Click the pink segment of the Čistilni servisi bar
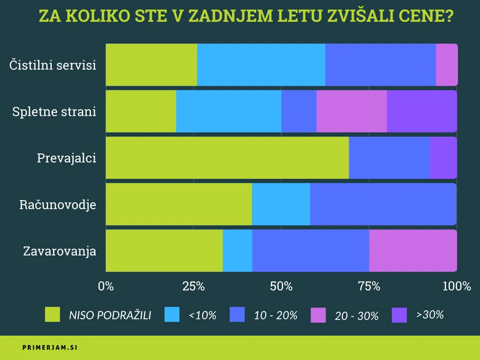446,65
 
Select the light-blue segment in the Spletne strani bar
229,111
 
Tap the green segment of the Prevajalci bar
227,157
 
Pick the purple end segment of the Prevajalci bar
443,157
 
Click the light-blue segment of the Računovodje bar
281,204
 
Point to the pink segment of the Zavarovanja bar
412,250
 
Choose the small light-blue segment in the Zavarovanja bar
238,250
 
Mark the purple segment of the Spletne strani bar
421,111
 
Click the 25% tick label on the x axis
194,286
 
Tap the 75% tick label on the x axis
369,286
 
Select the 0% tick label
106,286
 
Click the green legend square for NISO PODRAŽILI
52,314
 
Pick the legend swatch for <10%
171,314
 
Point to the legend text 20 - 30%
357,315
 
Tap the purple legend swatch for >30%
400,314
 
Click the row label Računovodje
58,205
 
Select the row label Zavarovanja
60,251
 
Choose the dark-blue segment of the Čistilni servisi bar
380,65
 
